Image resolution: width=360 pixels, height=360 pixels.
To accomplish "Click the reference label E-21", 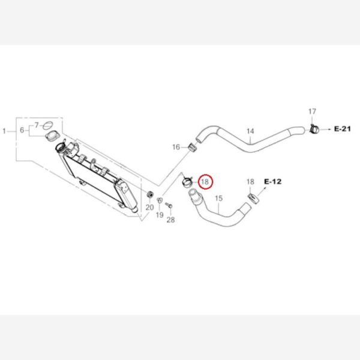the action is click(x=343, y=129).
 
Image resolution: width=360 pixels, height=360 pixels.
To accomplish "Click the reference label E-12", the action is click(x=273, y=182).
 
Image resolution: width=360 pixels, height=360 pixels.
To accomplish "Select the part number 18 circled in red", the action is click(x=205, y=182).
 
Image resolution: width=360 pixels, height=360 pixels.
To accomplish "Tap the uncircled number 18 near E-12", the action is click(x=250, y=182).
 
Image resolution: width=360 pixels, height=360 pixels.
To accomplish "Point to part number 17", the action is click(x=312, y=112).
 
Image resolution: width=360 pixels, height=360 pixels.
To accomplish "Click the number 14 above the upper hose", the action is click(x=250, y=131).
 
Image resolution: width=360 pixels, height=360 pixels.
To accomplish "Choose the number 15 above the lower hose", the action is click(x=219, y=198).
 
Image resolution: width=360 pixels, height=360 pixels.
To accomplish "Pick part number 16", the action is click(x=176, y=147).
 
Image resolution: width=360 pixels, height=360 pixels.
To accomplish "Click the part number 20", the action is click(x=149, y=208).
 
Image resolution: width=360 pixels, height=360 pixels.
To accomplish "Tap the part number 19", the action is click(x=160, y=215).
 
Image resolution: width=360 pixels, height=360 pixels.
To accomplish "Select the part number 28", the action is click(x=170, y=220).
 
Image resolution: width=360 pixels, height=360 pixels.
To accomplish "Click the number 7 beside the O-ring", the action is click(x=37, y=125).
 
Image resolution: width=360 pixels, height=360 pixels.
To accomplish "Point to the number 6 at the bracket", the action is click(x=22, y=130).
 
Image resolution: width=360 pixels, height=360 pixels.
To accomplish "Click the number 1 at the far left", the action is click(x=4, y=131).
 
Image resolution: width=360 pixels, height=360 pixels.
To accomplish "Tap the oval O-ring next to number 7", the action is click(x=48, y=125).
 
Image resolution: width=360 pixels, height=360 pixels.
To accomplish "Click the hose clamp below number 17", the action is click(x=314, y=129).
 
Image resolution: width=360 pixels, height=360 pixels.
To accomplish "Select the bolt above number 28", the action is click(x=169, y=205).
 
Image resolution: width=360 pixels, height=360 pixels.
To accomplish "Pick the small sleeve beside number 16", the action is click(x=193, y=147).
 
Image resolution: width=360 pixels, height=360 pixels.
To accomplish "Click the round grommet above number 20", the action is click(x=149, y=194).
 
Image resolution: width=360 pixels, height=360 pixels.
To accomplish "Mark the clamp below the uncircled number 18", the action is click(x=253, y=198).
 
